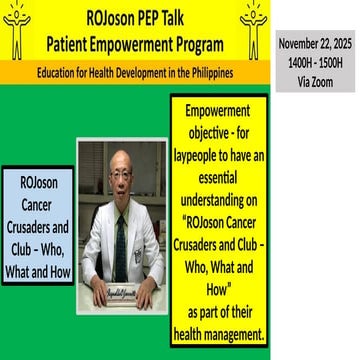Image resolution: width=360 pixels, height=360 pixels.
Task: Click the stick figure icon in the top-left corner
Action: [x=17, y=30]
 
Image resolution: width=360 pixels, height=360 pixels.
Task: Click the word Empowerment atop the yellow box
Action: [x=219, y=109]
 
